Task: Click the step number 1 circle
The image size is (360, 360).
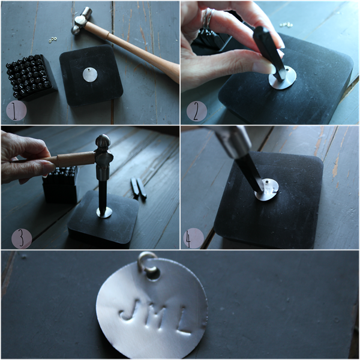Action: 16,111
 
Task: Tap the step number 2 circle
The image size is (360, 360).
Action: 197,111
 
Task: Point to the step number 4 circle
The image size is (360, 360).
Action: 194,238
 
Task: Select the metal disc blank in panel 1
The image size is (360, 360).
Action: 90,75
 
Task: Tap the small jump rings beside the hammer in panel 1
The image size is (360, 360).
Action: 53,40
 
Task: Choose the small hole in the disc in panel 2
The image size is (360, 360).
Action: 287,68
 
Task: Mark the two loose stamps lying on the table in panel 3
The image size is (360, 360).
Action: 139,188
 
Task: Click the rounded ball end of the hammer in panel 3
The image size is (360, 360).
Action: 103,140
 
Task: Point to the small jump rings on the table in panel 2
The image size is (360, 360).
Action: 286,25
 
